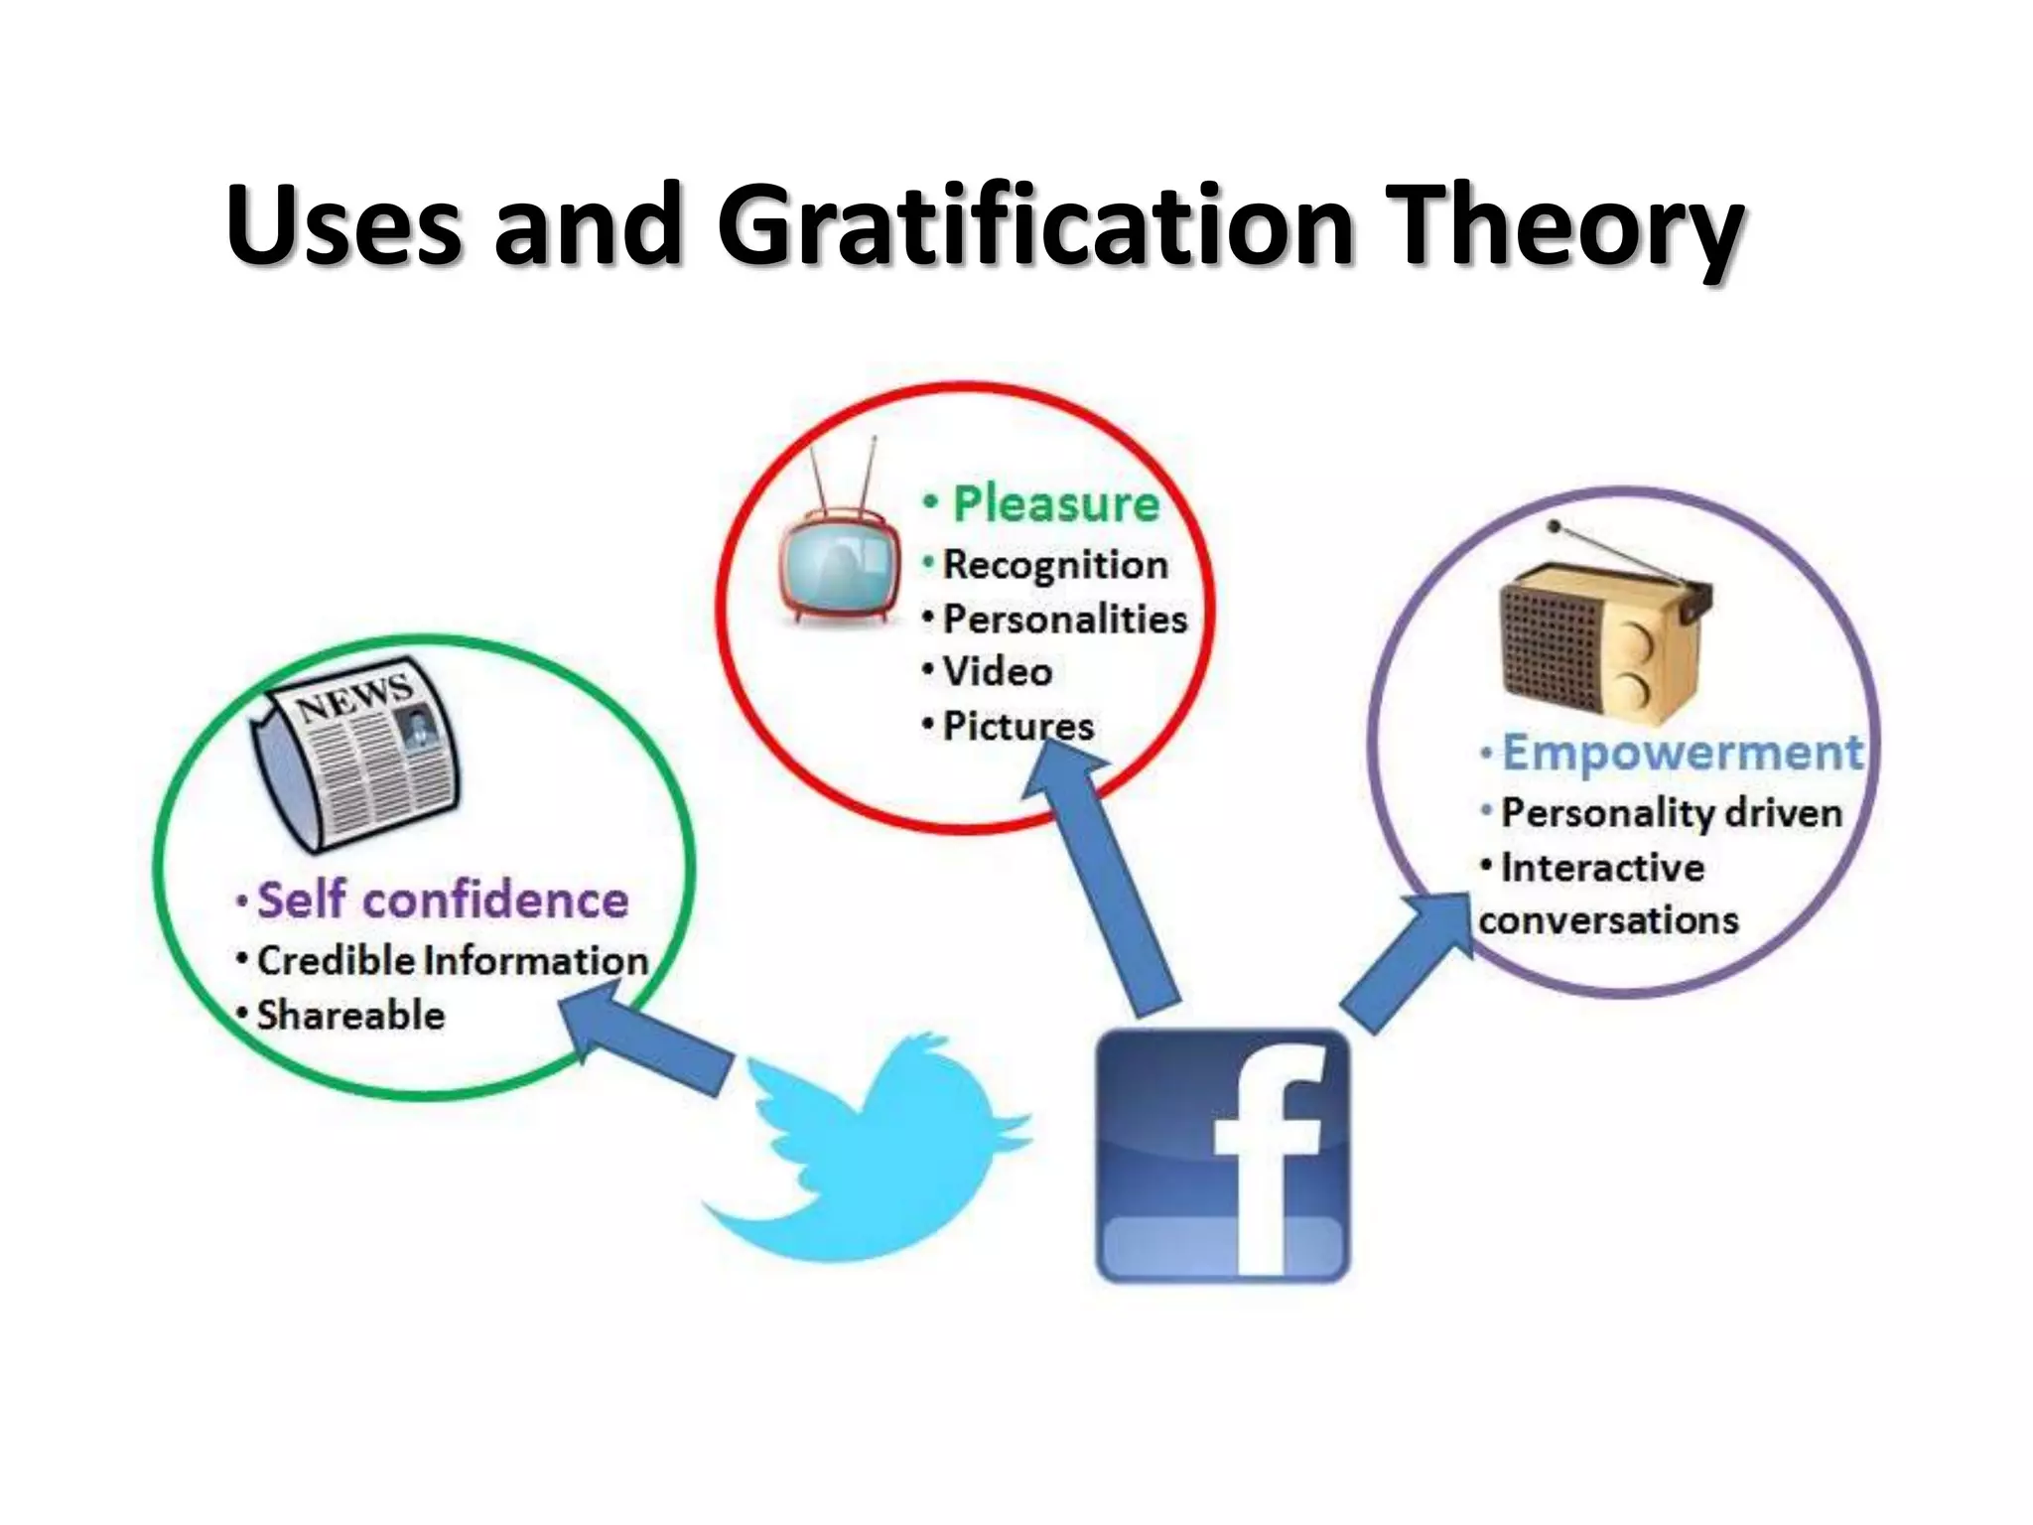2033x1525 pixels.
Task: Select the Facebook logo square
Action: click(x=1222, y=1155)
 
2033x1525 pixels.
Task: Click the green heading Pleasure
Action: click(x=1055, y=503)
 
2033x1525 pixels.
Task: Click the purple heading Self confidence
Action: click(x=443, y=900)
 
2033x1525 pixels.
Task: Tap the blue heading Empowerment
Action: click(x=1682, y=752)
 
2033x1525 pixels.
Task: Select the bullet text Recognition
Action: click(x=1054, y=564)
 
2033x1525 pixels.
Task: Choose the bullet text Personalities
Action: click(x=1064, y=619)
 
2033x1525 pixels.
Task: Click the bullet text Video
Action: click(x=997, y=672)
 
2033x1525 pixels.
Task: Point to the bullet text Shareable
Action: click(x=350, y=1015)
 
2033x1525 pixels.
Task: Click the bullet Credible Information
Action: click(x=452, y=960)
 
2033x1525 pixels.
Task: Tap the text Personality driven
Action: click(x=1671, y=812)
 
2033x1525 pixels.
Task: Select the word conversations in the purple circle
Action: click(x=1608, y=919)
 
